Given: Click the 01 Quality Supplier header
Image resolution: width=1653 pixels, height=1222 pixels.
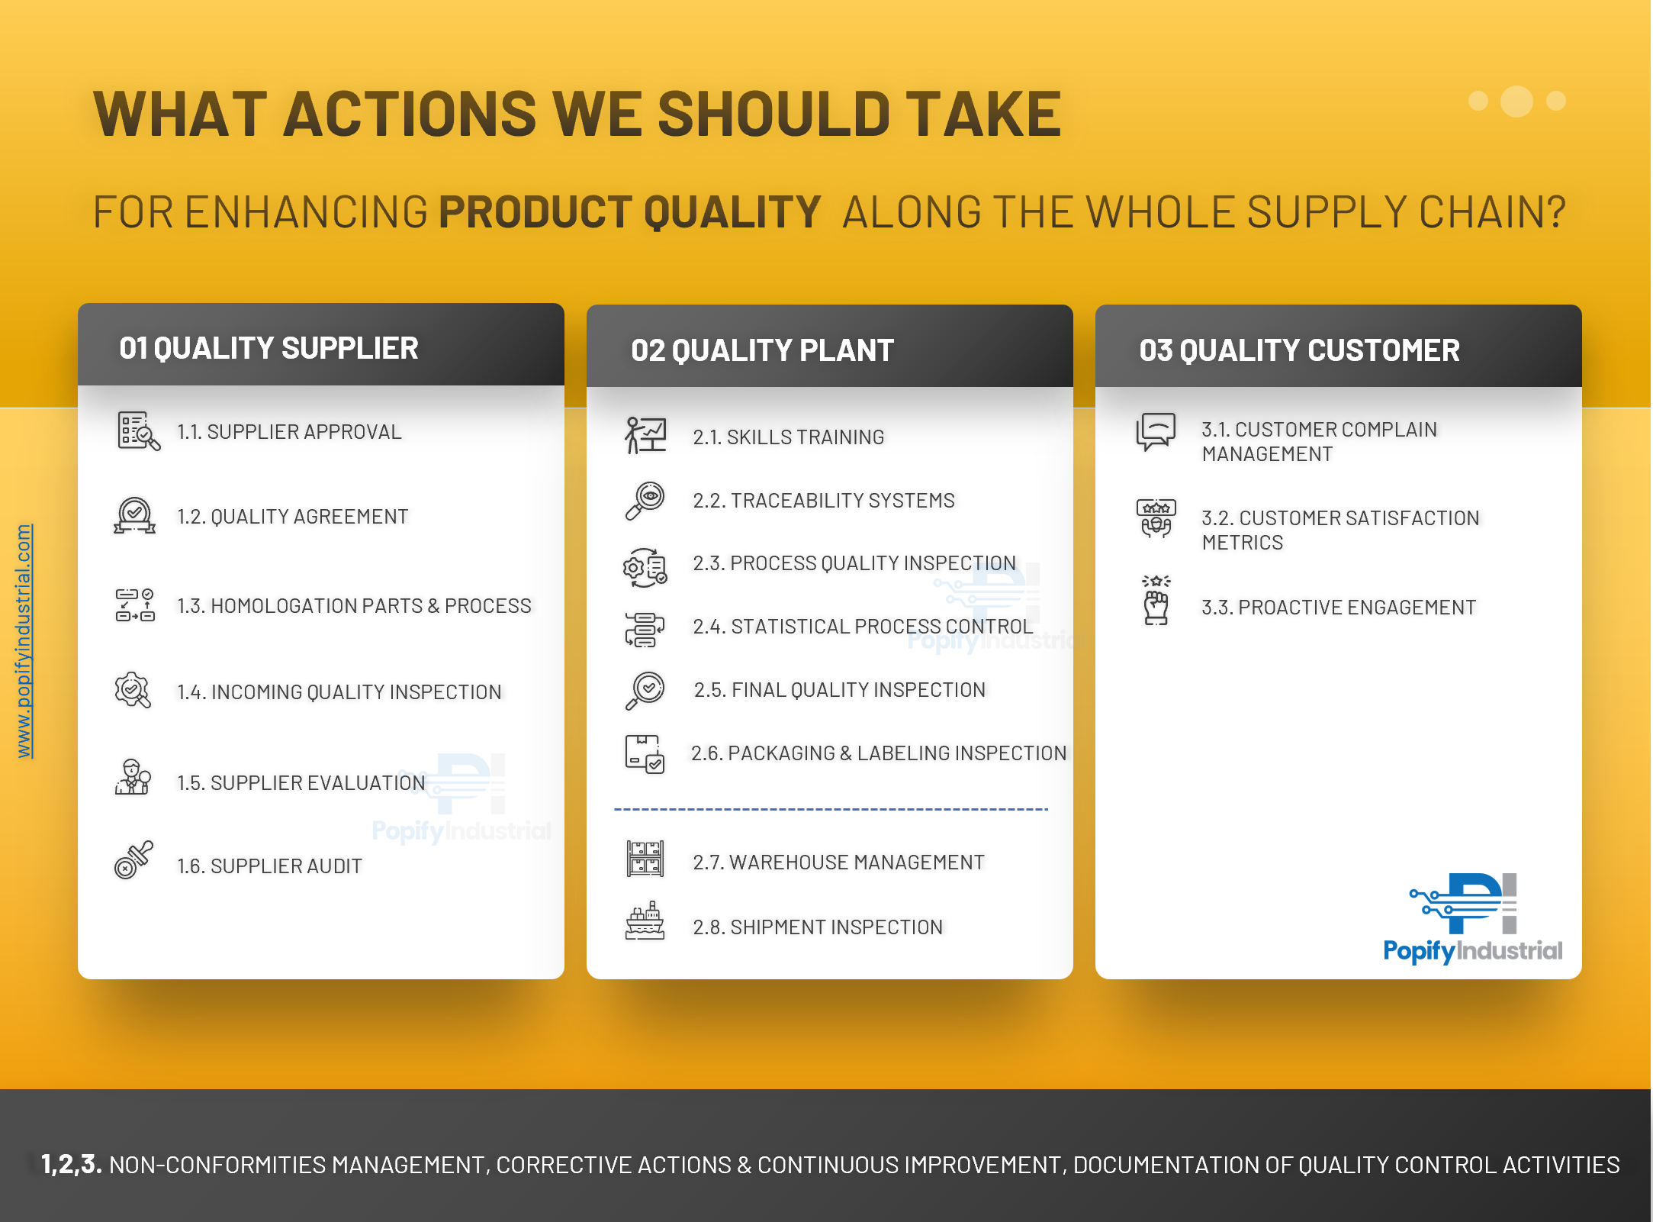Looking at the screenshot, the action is tap(269, 348).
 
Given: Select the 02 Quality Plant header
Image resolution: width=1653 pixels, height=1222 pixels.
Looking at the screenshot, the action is tap(762, 350).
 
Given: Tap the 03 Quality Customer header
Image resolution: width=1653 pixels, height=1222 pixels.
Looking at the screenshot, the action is tap(1299, 350).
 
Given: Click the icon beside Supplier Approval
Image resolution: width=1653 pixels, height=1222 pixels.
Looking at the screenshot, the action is tap(138, 431).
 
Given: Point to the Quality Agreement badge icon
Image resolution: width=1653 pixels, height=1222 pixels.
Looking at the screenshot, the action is tap(134, 515).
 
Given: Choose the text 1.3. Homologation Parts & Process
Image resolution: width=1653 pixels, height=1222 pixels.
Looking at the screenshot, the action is tap(354, 606).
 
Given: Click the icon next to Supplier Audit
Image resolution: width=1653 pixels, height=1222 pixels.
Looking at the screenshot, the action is tap(133, 860).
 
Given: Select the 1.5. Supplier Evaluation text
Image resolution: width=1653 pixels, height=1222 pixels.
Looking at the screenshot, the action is tap(301, 783).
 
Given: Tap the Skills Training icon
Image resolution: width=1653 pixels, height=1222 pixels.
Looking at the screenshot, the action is tap(645, 435).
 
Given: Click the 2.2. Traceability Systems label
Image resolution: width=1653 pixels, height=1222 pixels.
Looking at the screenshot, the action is tap(824, 501).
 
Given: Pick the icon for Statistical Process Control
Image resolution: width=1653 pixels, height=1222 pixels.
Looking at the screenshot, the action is tap(645, 630).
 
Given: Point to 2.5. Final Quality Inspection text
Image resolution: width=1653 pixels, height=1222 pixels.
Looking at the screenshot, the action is tap(839, 690).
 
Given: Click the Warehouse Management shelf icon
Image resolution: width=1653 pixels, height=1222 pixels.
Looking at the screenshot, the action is tap(645, 859).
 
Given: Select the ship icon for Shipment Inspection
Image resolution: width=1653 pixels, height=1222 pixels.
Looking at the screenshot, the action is tap(645, 921).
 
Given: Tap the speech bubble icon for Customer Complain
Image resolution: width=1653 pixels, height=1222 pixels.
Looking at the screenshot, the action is tap(1156, 432).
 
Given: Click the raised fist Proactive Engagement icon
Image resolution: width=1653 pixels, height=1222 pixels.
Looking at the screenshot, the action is tap(1156, 601).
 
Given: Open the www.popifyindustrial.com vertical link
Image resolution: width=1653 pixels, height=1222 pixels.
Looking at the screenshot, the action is tap(24, 641).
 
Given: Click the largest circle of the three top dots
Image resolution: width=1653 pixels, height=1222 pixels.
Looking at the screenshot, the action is tap(1516, 102).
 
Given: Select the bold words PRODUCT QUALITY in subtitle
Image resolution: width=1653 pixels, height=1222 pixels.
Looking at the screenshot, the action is tap(629, 212).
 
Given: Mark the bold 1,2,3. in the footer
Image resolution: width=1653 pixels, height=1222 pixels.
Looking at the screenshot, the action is tap(71, 1164).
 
